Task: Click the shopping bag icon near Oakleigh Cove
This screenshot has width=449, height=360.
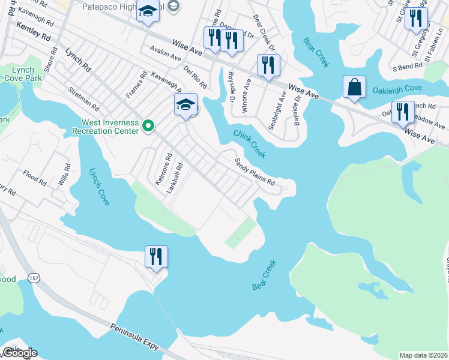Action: coord(355,87)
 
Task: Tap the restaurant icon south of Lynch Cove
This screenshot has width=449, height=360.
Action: coord(156,257)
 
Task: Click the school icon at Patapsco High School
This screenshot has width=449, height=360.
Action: coord(146,12)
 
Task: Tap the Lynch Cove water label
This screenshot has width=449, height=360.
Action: coord(100,187)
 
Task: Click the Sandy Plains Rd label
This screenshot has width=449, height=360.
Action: coord(255,172)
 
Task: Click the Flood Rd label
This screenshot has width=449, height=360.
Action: coord(35,178)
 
